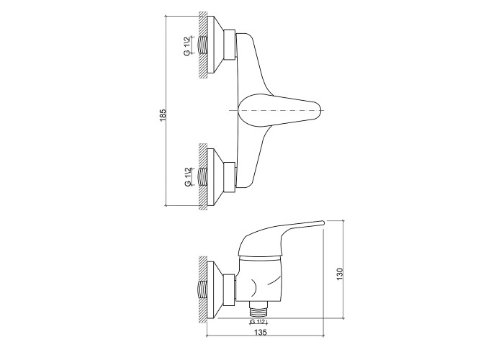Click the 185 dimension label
pyautogui.click(x=163, y=115)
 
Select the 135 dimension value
pyautogui.click(x=261, y=333)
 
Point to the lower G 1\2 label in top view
pyautogui.click(x=187, y=177)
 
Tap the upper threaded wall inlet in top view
pyautogui.click(x=202, y=45)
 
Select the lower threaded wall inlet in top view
pyautogui.click(x=202, y=177)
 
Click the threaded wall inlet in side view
pyautogui.click(x=202, y=290)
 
